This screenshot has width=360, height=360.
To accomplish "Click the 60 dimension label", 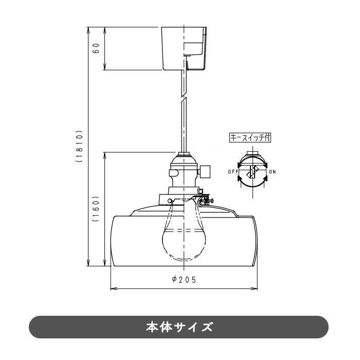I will coord(96,48).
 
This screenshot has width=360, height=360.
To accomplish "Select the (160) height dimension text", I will coord(96,209).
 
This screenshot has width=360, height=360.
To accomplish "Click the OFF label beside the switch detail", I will coord(232,171).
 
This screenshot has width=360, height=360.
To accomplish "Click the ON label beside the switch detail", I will coord(272,171).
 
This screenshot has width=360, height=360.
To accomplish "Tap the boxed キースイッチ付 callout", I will coord(250,138).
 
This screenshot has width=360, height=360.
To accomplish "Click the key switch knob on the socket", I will coord(206,170).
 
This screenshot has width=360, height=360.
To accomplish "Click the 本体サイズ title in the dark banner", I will coord(179,327).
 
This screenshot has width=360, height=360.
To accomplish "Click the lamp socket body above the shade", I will coord(184,172).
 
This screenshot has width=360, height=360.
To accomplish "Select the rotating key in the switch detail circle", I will coord(251,172).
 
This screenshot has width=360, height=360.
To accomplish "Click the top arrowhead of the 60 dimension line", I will coord(105,28).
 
